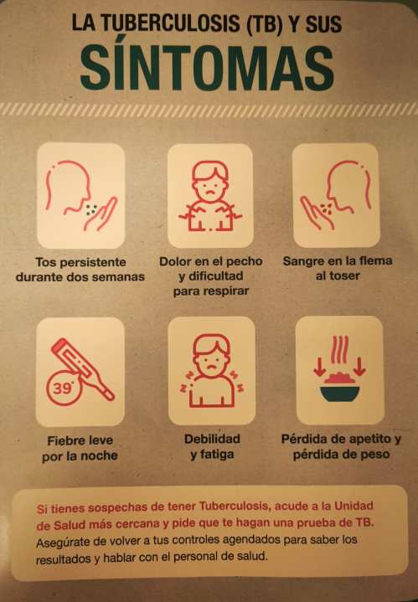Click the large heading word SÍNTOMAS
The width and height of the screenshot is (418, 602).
pos(207,68)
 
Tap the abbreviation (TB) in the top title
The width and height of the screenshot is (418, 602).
pos(264,24)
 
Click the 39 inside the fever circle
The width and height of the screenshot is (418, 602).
pos(61,388)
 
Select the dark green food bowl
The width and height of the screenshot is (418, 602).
pos(340,394)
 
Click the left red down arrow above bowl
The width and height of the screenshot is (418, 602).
pos(319,367)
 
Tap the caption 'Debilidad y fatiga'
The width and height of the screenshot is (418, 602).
pos(212,446)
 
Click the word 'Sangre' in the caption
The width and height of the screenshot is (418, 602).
pos(302,261)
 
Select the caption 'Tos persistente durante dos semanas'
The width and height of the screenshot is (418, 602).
pos(80,270)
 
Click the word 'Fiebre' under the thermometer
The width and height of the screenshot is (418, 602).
pos(65,440)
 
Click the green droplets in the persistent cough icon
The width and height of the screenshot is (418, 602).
pos(91,209)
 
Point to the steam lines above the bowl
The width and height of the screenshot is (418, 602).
pos(340,350)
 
